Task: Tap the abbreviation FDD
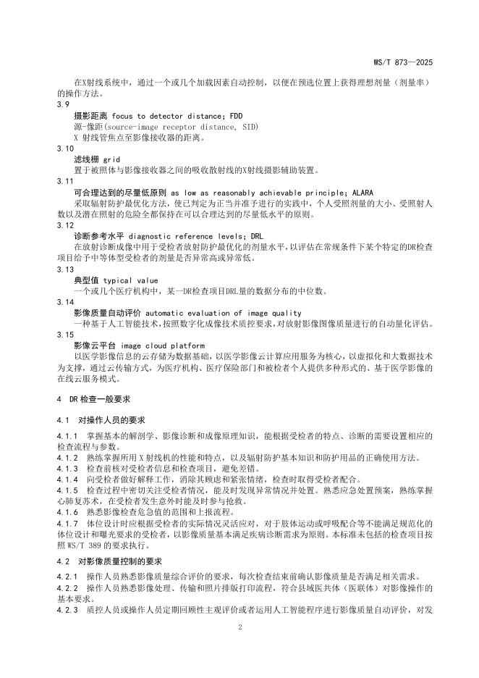(236, 115)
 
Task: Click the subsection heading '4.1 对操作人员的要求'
(101, 420)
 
